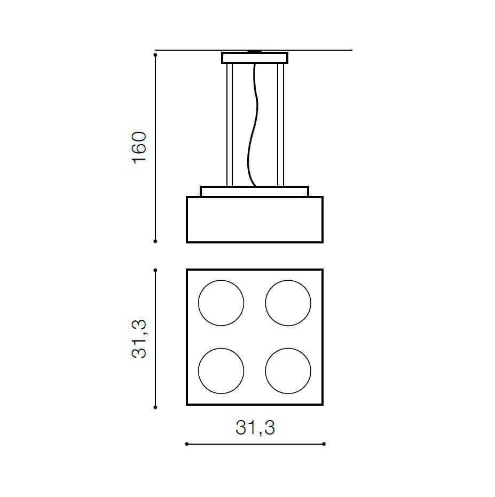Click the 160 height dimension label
(x=139, y=147)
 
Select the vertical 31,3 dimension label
(x=139, y=339)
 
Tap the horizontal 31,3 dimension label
(x=255, y=428)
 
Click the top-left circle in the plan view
(x=199, y=303)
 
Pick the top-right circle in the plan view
(x=265, y=303)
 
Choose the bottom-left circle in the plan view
(x=199, y=371)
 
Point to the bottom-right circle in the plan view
(x=265, y=371)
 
